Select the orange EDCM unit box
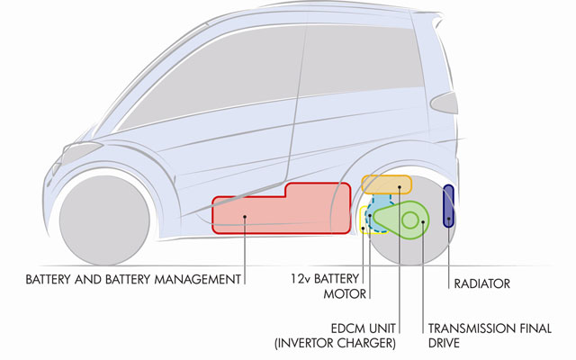pos(386,184)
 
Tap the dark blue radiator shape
pos(448,206)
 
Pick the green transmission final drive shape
pos(402,220)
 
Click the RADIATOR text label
pos(482,283)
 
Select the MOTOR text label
pos(345,294)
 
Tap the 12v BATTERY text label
pos(325,279)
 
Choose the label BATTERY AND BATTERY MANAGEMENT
pos(133,279)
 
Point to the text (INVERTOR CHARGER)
pos(336,343)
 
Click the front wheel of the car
pos(104,220)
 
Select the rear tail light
pos(444,103)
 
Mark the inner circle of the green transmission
pos(410,220)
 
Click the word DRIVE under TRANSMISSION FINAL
pos(444,343)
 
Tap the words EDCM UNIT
pos(364,328)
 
